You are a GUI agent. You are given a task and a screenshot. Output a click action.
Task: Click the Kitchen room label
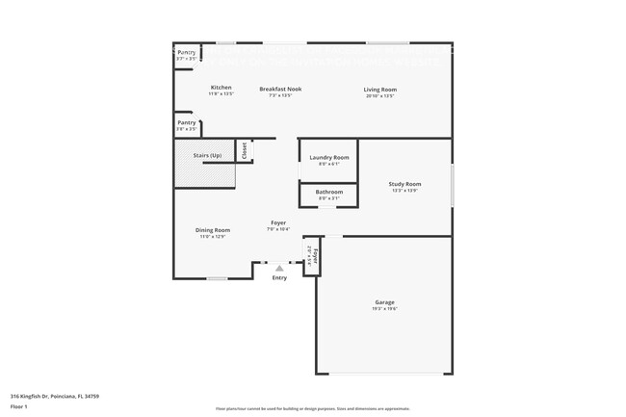(221, 88)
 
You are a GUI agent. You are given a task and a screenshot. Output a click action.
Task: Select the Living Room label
(380, 90)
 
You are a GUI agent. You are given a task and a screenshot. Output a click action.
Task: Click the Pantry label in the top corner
(186, 52)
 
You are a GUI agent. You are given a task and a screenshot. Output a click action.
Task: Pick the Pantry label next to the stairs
(186, 122)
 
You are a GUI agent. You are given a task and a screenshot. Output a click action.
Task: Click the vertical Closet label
(245, 150)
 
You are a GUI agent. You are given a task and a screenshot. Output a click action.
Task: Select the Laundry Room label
(328, 157)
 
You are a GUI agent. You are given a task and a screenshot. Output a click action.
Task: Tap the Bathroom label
(328, 192)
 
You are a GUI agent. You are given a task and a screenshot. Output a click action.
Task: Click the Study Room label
(404, 184)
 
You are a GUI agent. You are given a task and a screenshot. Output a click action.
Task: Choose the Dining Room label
(212, 230)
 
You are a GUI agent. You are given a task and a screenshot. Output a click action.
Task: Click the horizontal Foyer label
(277, 223)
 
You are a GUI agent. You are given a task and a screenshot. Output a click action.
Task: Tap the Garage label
(384, 302)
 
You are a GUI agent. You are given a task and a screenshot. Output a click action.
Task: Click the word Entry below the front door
(279, 278)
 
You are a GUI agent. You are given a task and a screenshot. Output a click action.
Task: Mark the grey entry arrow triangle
(279, 269)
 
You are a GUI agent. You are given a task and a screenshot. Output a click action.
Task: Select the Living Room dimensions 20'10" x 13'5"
(380, 96)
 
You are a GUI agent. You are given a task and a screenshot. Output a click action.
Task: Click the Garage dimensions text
(384, 309)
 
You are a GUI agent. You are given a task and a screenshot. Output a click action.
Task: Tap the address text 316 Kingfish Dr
(55, 395)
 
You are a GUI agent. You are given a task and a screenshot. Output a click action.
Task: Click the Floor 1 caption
(19, 405)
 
